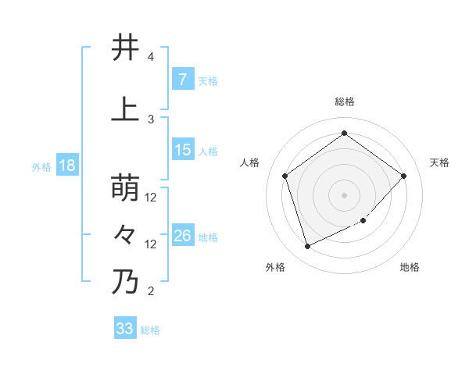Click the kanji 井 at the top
[x=125, y=48]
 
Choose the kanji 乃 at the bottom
[x=125, y=282]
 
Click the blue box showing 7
[x=182, y=79]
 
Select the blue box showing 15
[x=182, y=150]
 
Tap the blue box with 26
[x=182, y=236]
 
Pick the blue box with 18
[x=66, y=166]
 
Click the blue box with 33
[x=124, y=329]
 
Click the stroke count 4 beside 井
[x=151, y=58]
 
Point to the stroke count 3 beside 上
[x=151, y=119]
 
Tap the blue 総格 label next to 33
[x=150, y=330]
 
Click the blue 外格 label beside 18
[x=41, y=167]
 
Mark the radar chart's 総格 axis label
[x=344, y=102]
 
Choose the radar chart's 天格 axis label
[x=439, y=162]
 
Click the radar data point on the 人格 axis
[x=285, y=176]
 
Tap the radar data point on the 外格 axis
[x=307, y=247]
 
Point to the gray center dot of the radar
[x=344, y=194]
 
